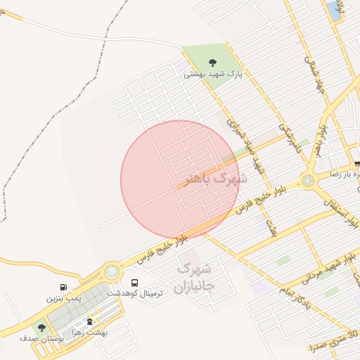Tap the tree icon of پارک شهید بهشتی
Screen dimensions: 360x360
pos(213,63)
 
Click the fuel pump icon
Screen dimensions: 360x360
pos(64,287)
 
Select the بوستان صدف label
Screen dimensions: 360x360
pos(42,339)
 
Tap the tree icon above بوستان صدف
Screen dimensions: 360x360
pos(41,328)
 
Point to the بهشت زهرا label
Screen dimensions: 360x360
pos(89,333)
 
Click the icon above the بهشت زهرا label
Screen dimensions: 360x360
pos(89,322)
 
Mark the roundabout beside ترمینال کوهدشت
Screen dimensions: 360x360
pos(111,271)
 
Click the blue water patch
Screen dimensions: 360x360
pos(332,10)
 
